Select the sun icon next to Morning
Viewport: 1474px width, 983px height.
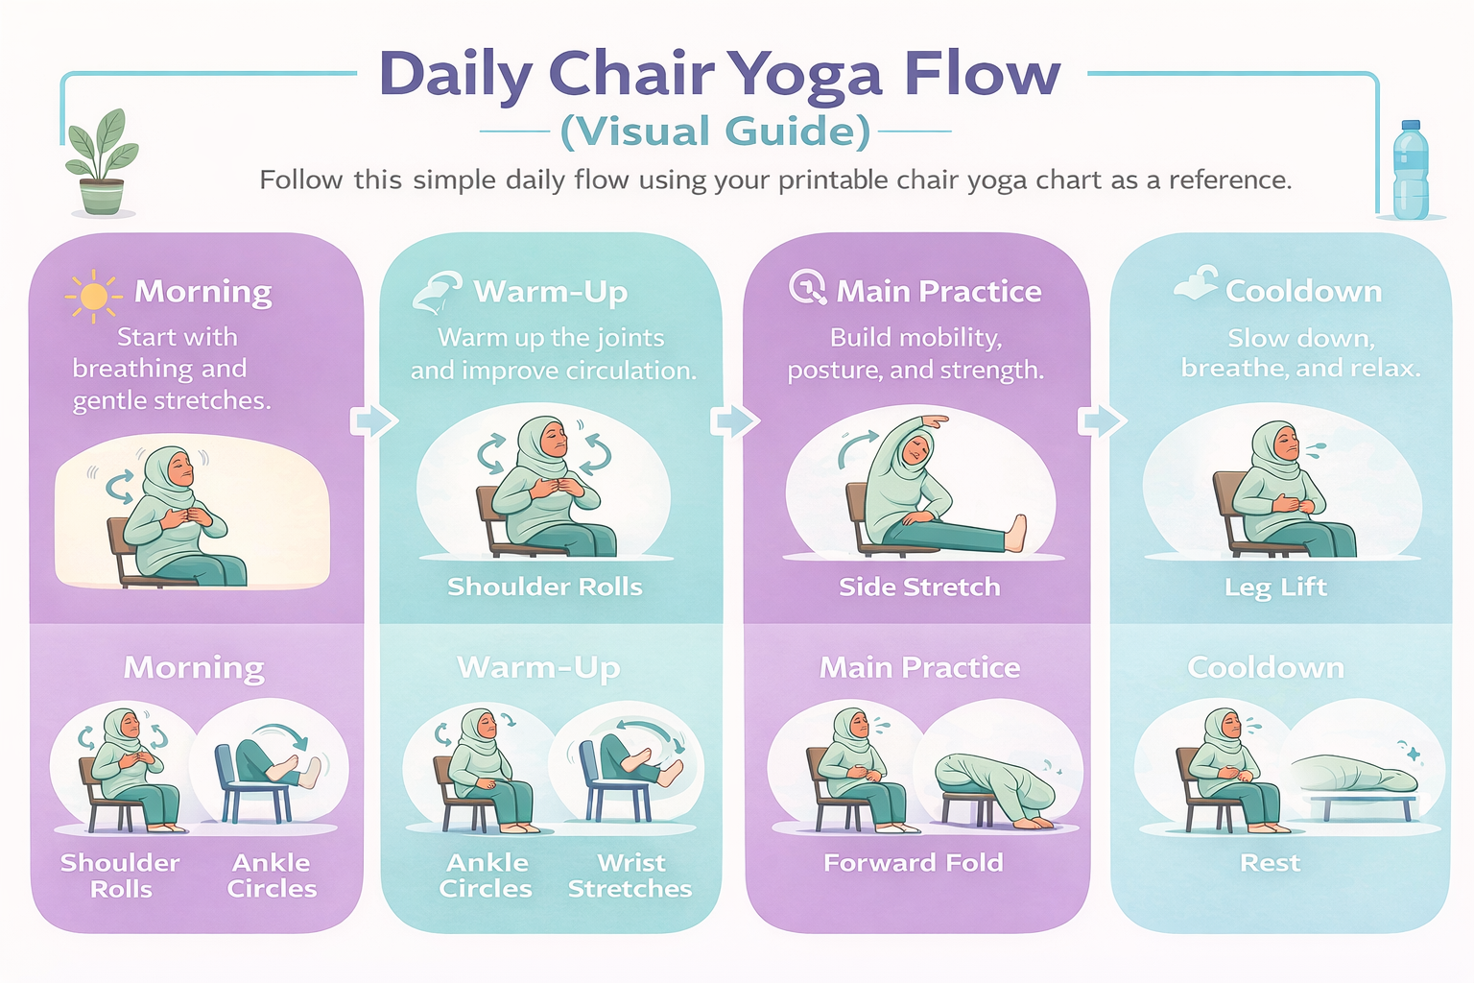(x=93, y=295)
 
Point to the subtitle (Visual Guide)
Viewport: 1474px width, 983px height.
(x=716, y=132)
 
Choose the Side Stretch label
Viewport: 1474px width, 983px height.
(x=919, y=587)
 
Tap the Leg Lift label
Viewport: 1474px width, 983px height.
(x=1275, y=587)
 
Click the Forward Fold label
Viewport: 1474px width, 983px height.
(x=914, y=862)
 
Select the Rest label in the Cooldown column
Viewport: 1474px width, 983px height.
(x=1270, y=862)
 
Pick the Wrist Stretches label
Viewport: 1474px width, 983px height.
(x=630, y=875)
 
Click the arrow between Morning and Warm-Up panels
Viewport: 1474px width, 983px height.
(x=373, y=420)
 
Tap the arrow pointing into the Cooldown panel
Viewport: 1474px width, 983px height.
(x=1102, y=420)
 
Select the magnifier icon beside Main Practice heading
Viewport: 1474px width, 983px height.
(x=807, y=287)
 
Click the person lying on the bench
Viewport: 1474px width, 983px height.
(x=1353, y=774)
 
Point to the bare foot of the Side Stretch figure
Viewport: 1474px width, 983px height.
(x=1016, y=534)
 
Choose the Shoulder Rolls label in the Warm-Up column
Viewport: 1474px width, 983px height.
(x=545, y=587)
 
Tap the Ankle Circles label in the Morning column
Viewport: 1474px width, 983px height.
(x=272, y=875)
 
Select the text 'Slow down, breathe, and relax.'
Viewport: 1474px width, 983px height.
(x=1300, y=353)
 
